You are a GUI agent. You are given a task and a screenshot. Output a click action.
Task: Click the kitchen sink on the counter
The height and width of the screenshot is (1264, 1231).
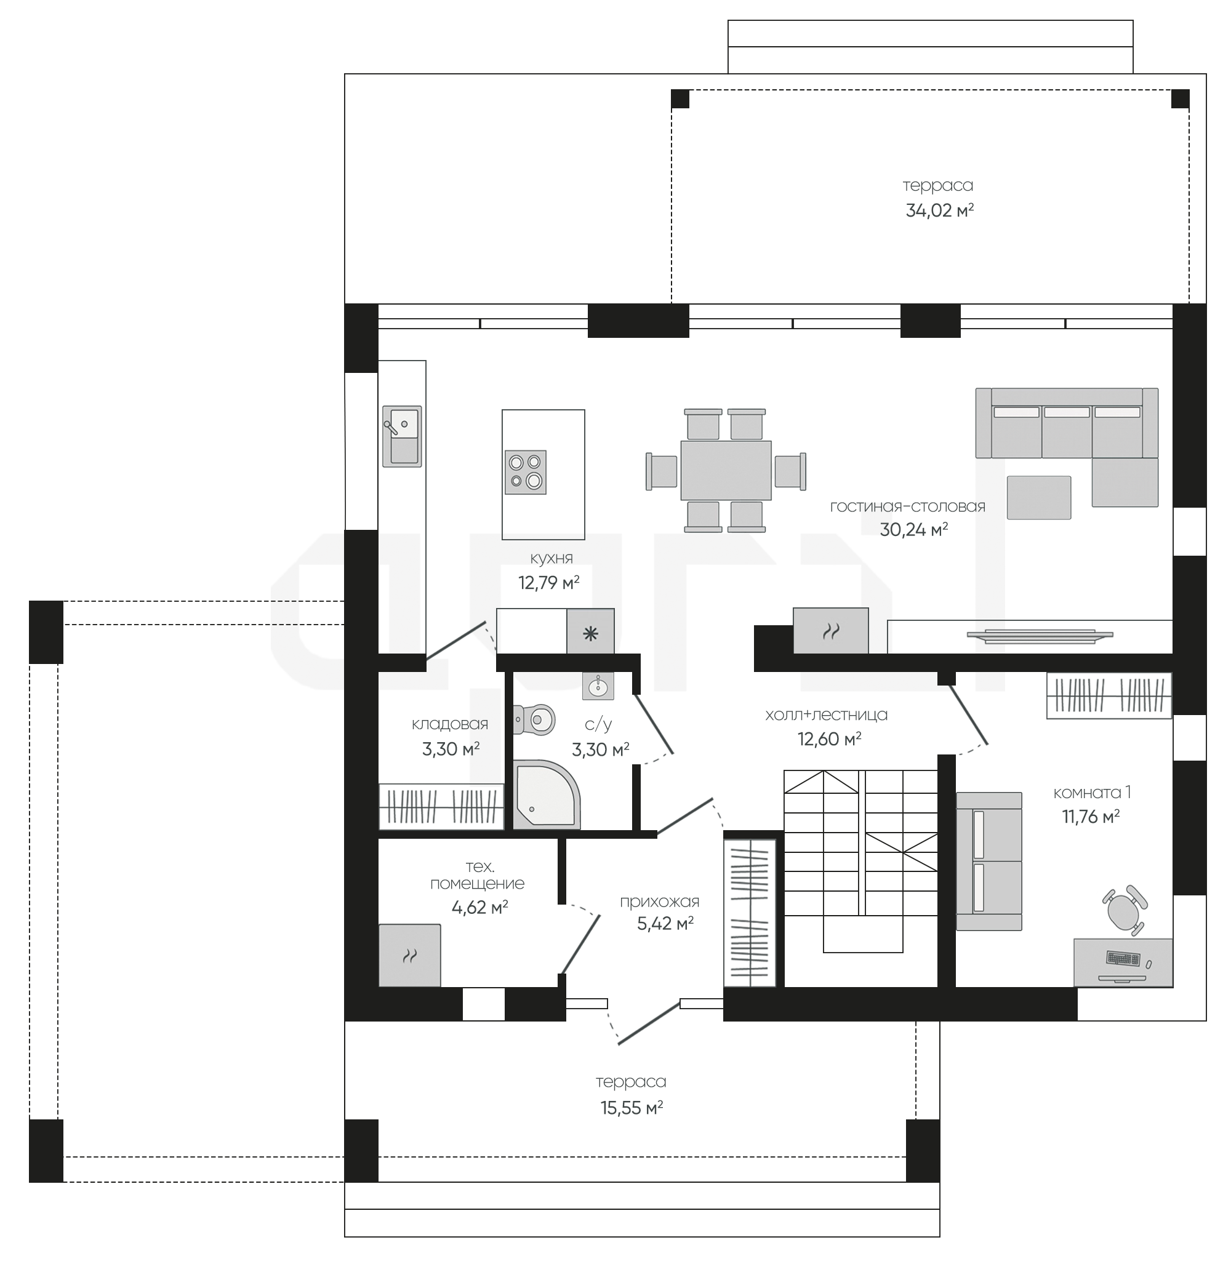402,436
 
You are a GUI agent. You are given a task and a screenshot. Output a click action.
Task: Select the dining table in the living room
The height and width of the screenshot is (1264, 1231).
726,470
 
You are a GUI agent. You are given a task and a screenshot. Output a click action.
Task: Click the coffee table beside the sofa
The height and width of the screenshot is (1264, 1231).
1039,497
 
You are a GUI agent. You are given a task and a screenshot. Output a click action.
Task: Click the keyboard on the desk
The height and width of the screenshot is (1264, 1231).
1123,958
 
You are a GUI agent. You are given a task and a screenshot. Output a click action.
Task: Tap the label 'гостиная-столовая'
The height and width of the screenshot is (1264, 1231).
908,506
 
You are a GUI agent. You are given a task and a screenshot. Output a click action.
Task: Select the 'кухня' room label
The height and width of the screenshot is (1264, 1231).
551,558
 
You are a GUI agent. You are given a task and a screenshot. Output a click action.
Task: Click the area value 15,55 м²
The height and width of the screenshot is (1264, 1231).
632,1108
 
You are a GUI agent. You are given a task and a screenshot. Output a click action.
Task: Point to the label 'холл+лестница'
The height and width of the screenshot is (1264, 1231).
826,715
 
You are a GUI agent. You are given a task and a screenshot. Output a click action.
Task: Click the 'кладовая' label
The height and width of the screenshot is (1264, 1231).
450,724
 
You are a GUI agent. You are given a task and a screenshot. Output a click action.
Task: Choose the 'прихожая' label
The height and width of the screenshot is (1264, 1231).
659,902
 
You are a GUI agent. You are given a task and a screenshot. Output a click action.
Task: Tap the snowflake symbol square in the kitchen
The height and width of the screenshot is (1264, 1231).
591,631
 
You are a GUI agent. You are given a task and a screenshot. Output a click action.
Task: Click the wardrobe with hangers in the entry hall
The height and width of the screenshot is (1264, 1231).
749,913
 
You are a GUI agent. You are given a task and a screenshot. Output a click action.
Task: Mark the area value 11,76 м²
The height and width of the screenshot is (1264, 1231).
1091,817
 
